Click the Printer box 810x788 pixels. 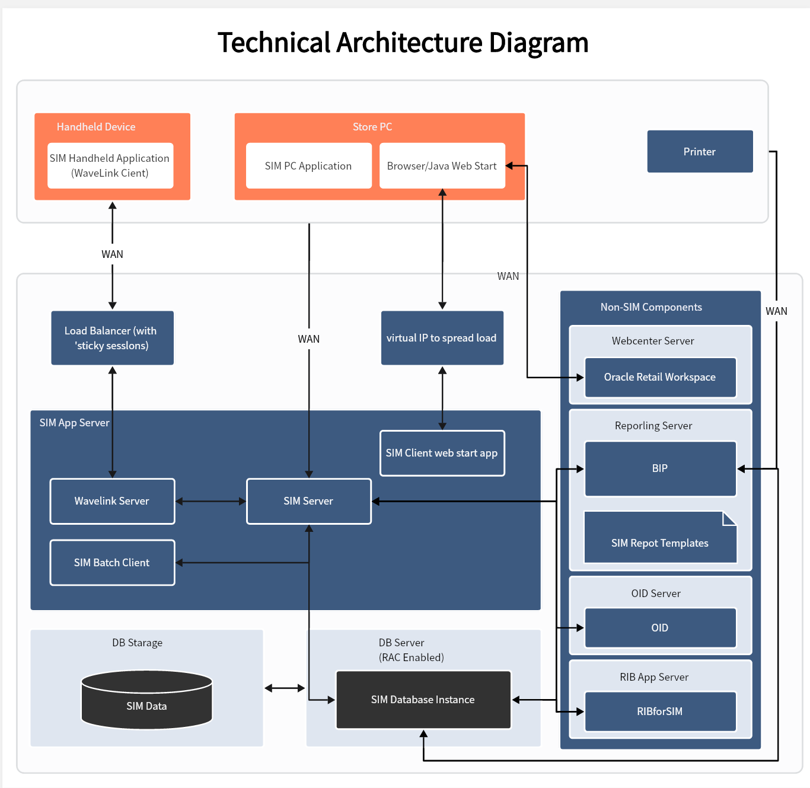[700, 152]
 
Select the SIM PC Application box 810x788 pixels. [308, 166]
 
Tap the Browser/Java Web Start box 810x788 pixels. [442, 166]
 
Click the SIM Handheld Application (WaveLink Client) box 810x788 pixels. [110, 165]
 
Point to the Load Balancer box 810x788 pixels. [112, 338]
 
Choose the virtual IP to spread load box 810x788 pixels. [442, 338]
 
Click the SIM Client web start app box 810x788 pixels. [442, 453]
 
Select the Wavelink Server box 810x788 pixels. [112, 501]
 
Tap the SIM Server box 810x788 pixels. [308, 501]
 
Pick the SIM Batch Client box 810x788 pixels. [112, 563]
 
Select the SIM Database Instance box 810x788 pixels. [423, 700]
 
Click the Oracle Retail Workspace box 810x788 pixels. [660, 377]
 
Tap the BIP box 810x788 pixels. [660, 468]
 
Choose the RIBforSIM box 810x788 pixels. [660, 712]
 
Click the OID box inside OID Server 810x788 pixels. [660, 628]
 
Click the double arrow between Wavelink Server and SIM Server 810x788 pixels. [211, 501]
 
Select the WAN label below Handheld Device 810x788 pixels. [112, 254]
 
